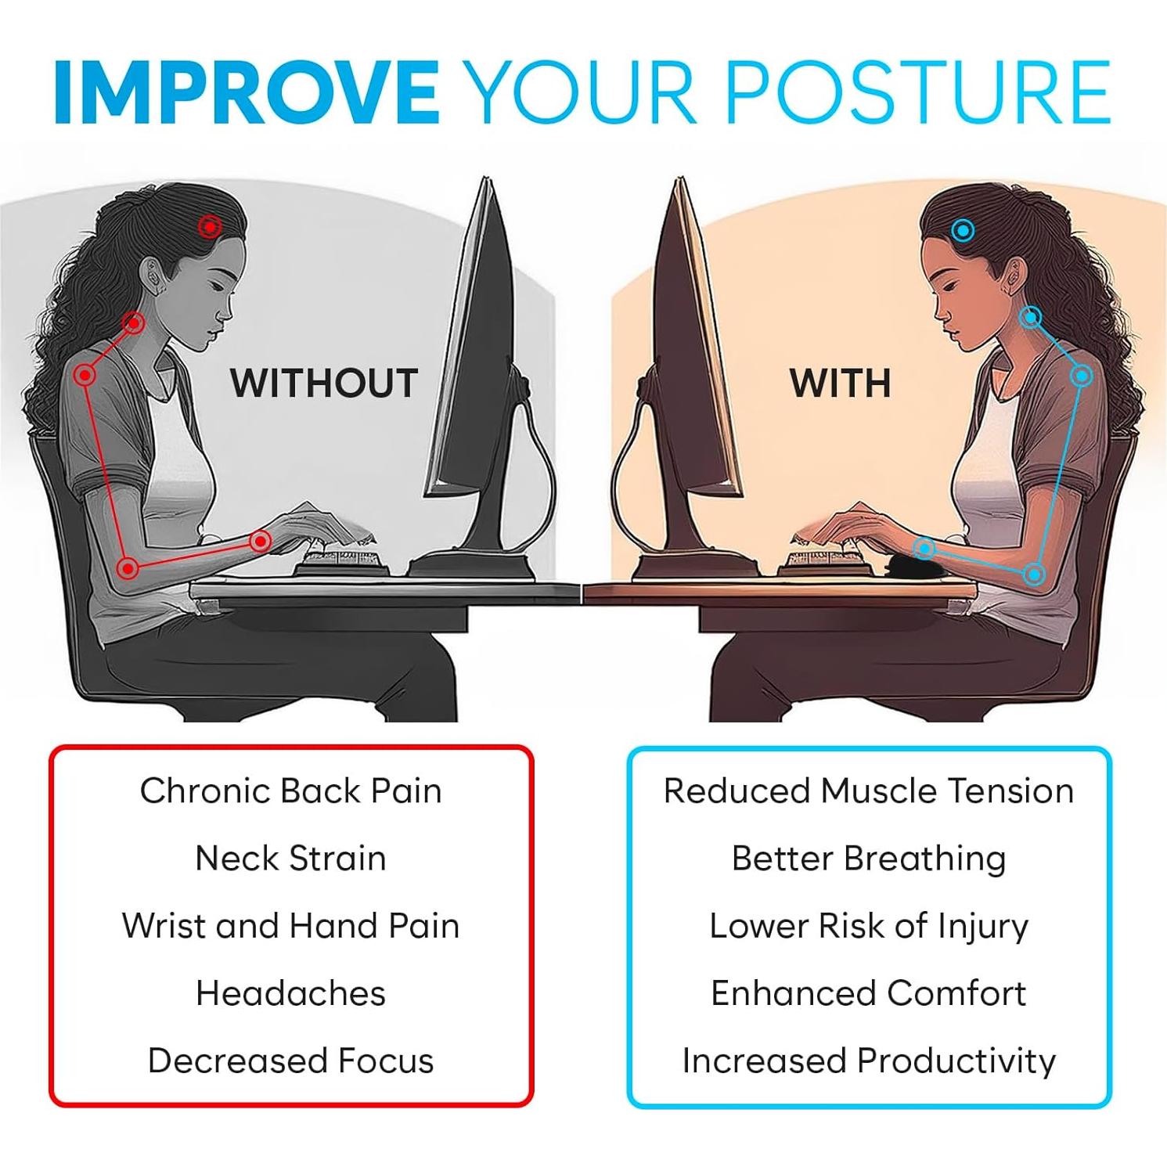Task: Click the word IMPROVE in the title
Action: point(247,92)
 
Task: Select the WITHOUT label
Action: point(324,384)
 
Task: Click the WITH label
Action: point(840,384)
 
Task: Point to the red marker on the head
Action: point(210,227)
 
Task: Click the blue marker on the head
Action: point(963,230)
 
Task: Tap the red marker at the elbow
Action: point(128,568)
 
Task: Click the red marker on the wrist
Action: point(261,541)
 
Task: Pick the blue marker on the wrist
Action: point(924,548)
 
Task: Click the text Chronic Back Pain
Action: point(291,791)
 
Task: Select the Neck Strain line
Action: point(291,858)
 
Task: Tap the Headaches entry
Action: point(291,993)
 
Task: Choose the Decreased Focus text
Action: point(291,1061)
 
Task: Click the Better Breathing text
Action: point(869,859)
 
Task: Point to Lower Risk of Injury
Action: point(869,927)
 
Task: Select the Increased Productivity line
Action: point(869,1061)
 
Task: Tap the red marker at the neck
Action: point(134,322)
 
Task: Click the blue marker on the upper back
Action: point(1082,376)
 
